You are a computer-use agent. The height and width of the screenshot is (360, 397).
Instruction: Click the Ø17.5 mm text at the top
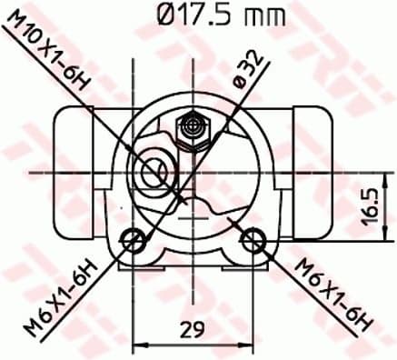215,15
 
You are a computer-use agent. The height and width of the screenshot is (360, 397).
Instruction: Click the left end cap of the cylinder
68,148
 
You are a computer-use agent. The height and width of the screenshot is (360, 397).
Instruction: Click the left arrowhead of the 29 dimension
139,344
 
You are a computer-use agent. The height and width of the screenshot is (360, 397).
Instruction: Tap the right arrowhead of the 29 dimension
246,344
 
